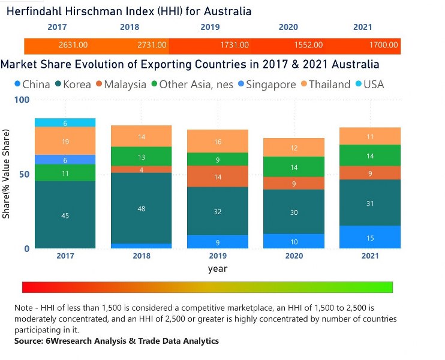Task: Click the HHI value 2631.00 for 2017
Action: click(x=73, y=45)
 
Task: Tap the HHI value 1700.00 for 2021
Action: click(x=383, y=45)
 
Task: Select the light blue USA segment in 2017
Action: click(x=65, y=122)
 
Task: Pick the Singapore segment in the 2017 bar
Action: click(x=65, y=160)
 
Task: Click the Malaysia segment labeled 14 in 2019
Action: click(x=217, y=176)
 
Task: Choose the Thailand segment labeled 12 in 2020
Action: click(x=294, y=148)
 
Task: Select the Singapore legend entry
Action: click(x=267, y=84)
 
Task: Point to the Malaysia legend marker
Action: click(x=97, y=85)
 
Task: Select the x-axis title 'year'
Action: click(x=217, y=269)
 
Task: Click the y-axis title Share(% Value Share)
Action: click(x=7, y=174)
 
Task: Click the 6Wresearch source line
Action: click(x=116, y=341)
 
